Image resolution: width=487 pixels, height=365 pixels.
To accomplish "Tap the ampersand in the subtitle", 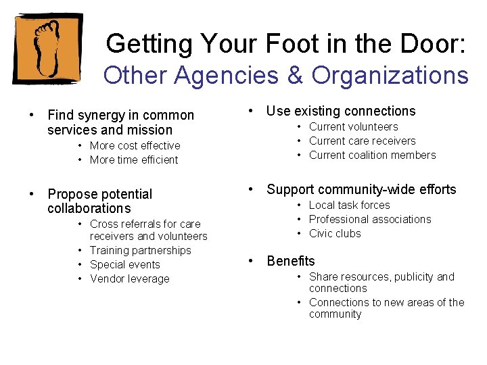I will pos(294,75).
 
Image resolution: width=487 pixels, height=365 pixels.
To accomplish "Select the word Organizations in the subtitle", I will pos(390,75).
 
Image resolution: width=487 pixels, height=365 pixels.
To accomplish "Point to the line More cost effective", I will pos(135,145).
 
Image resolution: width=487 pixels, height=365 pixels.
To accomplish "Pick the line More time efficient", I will pos(134,160).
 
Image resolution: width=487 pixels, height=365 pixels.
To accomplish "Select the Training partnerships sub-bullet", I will pos(140,250).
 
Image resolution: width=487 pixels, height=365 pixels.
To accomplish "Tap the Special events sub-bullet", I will pos(124,264).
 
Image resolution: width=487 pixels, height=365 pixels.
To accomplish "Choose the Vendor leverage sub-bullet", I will pos(129,278).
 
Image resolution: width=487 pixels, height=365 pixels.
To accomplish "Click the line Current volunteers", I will pos(353,126).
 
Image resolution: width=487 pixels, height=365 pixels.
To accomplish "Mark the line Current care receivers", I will pos(362,141).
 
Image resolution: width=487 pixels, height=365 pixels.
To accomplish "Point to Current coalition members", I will pos(372,155).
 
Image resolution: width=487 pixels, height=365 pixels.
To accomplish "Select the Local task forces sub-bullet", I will pos(349,205).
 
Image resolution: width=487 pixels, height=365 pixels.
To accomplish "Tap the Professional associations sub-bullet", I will pos(369,219).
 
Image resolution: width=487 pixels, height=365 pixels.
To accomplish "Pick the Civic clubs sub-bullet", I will pos(335,233).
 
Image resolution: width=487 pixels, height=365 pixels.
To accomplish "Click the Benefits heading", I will pos(291,261).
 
